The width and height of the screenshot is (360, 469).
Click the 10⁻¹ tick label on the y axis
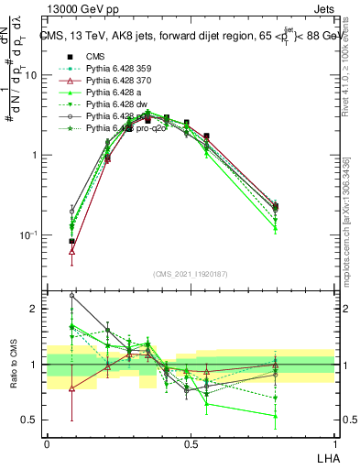click(x=29, y=235)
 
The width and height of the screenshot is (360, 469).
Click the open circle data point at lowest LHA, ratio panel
click(x=71, y=296)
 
